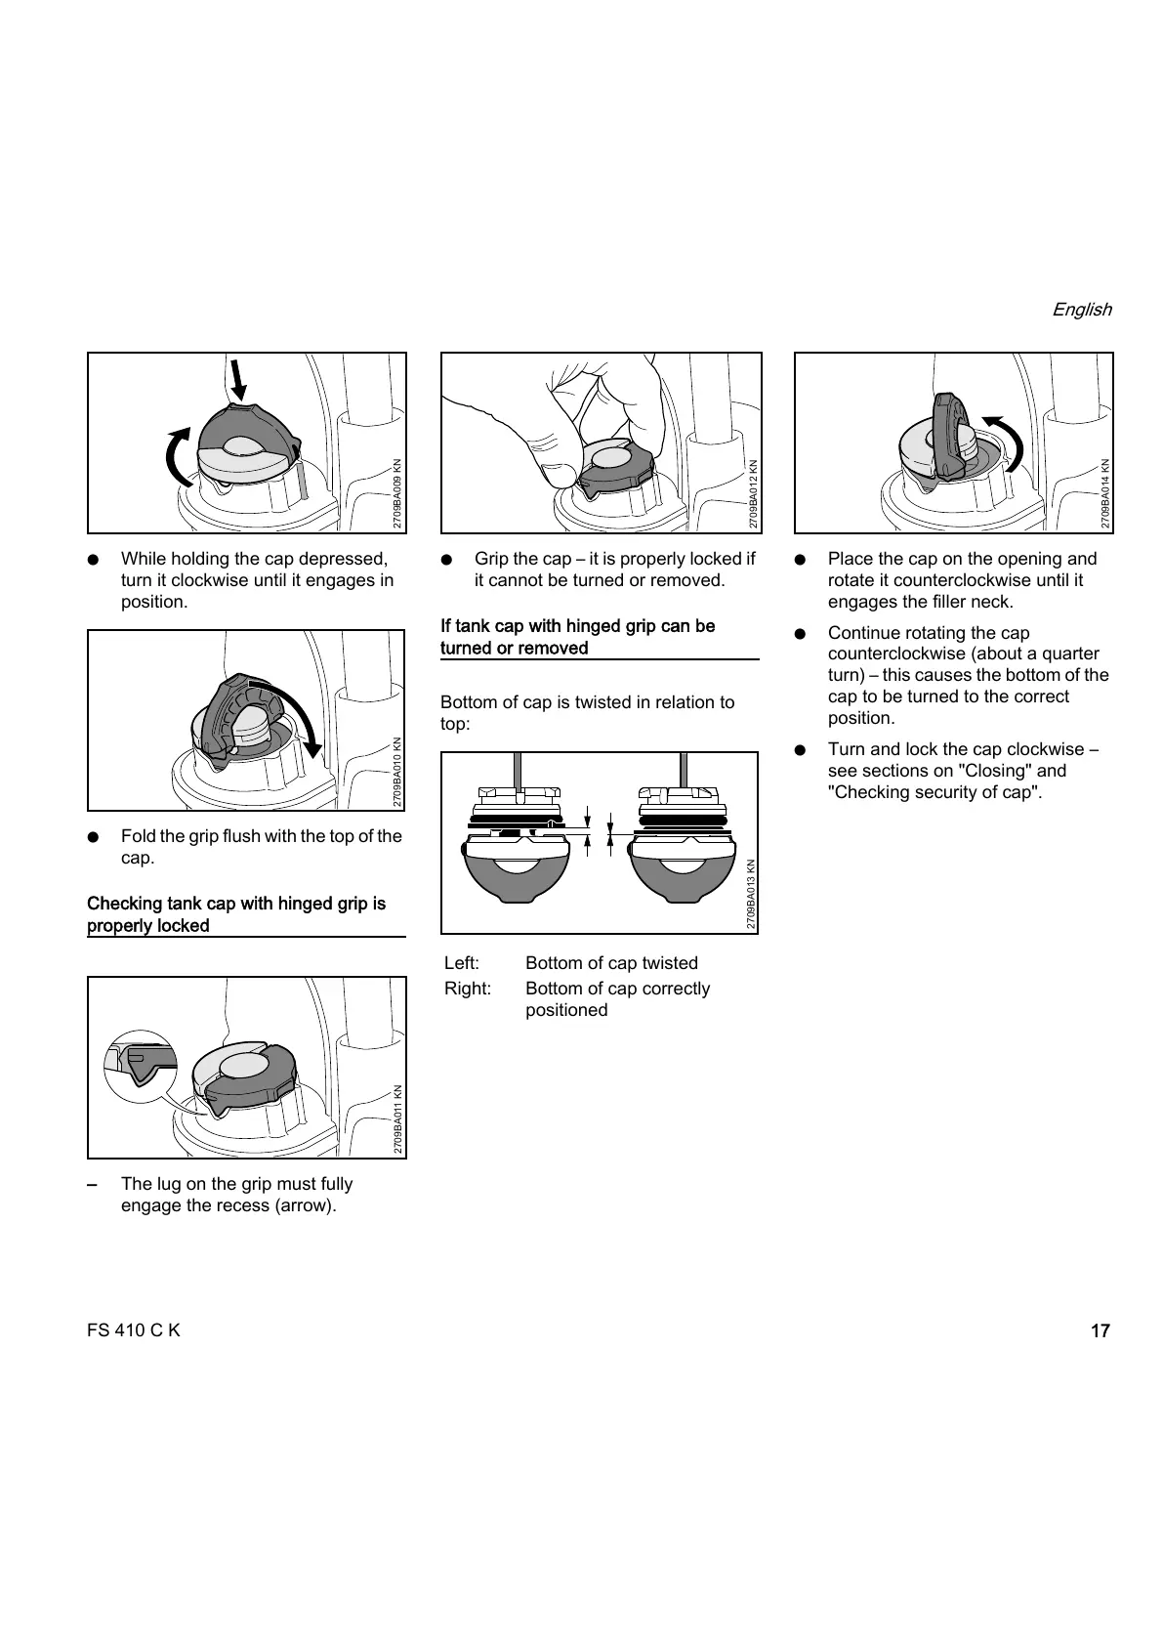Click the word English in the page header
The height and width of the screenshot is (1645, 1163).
point(1081,310)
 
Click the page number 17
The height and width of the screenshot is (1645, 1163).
point(1100,1330)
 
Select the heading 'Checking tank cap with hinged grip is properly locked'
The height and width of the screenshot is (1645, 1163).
point(236,914)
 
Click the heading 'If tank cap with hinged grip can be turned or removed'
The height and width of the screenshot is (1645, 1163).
point(578,637)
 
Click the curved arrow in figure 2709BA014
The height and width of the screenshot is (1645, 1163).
point(1009,440)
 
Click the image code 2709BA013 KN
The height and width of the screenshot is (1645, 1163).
point(751,894)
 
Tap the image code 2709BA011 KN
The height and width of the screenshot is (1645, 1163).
point(397,1119)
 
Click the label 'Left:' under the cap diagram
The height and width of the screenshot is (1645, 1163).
point(462,963)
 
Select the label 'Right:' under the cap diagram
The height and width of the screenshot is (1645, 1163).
point(468,989)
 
